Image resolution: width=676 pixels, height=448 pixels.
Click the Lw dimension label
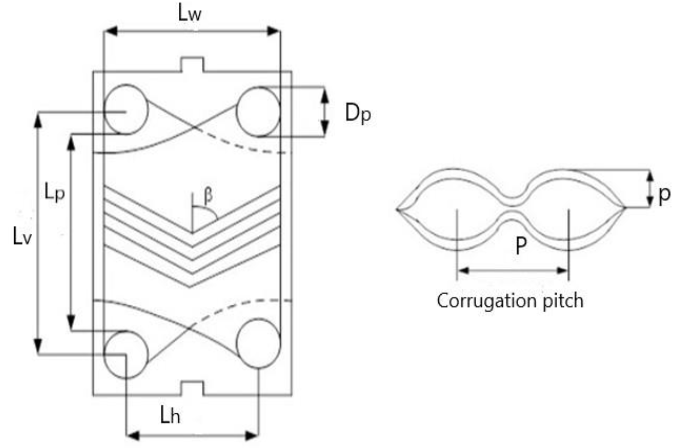point(190,14)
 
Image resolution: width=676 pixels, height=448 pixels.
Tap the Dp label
point(358,113)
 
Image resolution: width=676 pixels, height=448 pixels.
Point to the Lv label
point(22,237)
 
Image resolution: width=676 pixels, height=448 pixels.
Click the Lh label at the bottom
point(170,416)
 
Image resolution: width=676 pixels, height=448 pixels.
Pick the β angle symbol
point(208,196)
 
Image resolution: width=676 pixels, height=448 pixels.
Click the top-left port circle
point(126,109)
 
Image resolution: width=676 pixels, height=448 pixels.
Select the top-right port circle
point(258,112)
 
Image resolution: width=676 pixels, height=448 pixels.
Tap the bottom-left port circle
point(126,354)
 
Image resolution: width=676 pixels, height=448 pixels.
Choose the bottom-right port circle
point(258,343)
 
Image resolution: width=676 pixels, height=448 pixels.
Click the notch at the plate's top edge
point(192,64)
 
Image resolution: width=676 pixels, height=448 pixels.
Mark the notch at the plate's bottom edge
point(192,388)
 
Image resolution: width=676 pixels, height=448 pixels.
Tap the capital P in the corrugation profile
point(521,247)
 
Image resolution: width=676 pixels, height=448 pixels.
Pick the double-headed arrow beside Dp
point(325,112)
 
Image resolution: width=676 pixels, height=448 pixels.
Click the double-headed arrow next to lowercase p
point(650,189)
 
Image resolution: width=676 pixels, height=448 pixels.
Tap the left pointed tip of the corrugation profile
point(397,209)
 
